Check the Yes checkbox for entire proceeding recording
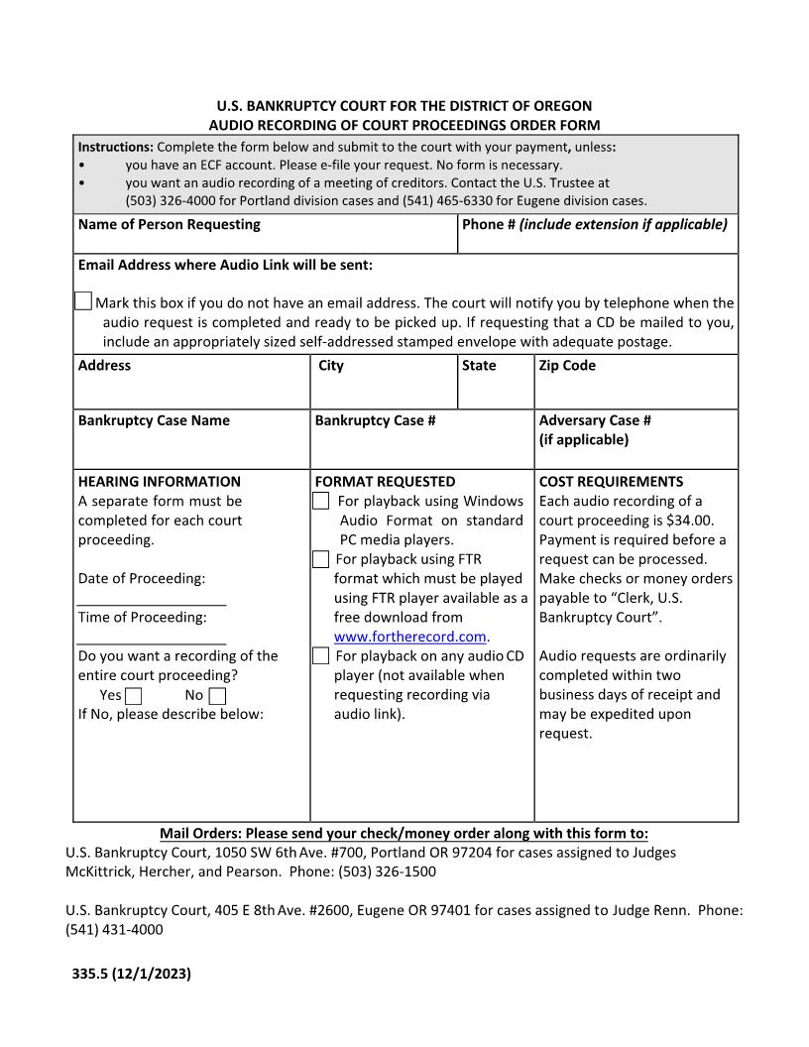coord(134,696)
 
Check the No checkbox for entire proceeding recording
coord(217,696)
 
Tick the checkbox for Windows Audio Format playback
coord(321,502)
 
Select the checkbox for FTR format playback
coord(321,560)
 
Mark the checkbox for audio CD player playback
coord(321,656)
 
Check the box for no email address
coord(84,301)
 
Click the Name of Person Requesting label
coord(169,224)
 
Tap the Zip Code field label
coord(567,366)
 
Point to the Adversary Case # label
coord(595,420)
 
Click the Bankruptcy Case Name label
coord(154,420)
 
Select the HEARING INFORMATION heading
coord(159,482)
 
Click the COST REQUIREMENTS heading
coord(611,482)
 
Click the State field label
coord(479,366)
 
